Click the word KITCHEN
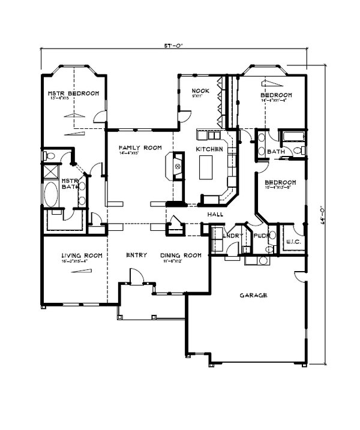point(209,149)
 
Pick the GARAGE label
point(253,296)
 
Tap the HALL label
point(215,214)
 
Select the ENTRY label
point(136,255)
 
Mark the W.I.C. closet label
point(293,242)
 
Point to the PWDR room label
point(260,236)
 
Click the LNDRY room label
point(232,236)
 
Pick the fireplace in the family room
point(178,165)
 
